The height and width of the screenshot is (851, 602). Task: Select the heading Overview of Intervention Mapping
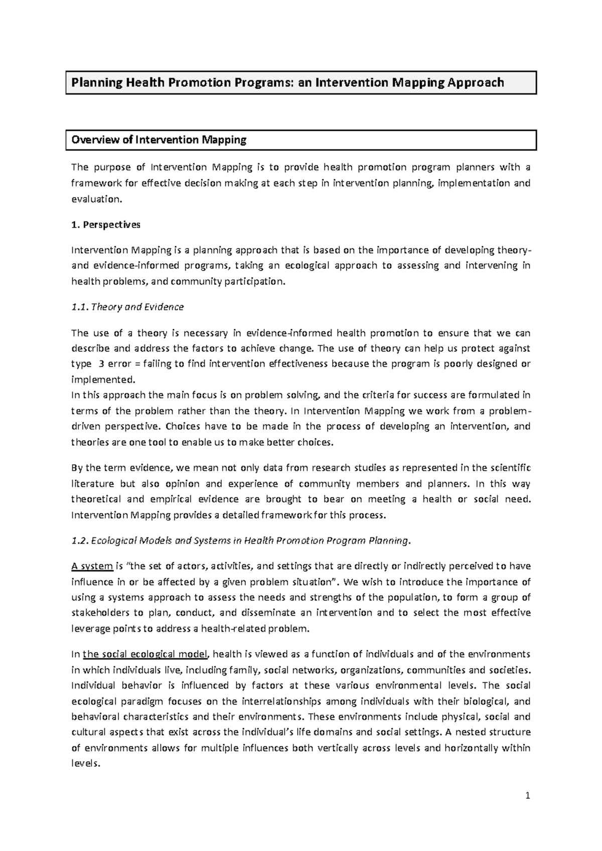(159, 140)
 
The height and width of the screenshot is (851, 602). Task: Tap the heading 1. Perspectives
(106, 225)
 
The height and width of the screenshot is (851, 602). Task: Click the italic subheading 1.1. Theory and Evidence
(128, 307)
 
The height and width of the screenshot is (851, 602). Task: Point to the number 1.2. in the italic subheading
(80, 541)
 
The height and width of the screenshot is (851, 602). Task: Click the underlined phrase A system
(92, 566)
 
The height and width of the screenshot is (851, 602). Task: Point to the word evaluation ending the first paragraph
(96, 198)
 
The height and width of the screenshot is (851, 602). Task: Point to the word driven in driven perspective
(86, 427)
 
